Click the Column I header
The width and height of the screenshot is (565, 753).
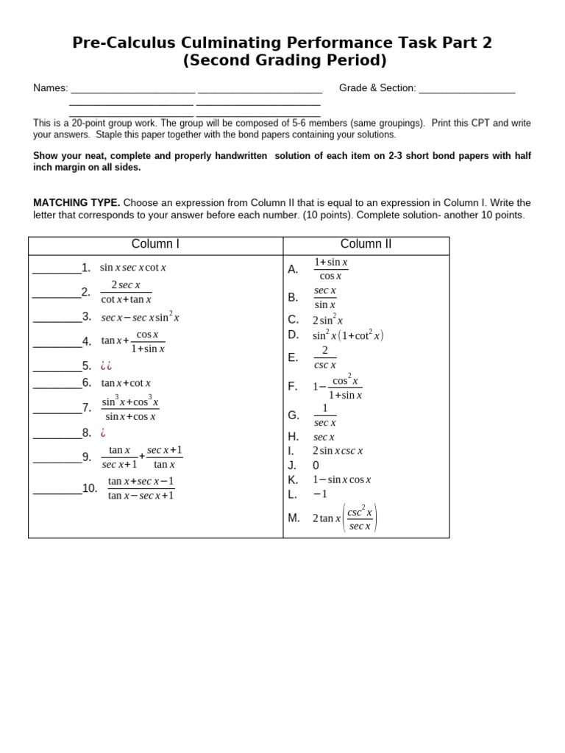coord(155,244)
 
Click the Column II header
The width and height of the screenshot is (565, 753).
coord(366,244)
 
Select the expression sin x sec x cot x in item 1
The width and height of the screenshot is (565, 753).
coord(133,268)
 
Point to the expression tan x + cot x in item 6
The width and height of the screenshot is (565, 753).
coord(126,383)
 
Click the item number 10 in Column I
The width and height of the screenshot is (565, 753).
coord(90,488)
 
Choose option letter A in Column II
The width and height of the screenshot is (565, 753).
coord(293,269)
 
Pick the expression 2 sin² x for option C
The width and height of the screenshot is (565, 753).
coord(327,320)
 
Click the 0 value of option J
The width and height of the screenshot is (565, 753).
coord(316,465)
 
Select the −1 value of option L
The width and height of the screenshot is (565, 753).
coord(320,494)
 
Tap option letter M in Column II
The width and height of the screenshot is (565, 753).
coord(294,518)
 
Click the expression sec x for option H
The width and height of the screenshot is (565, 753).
coord(324,437)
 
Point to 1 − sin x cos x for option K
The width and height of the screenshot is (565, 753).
coord(341,479)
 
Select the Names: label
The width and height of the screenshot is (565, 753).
coord(50,88)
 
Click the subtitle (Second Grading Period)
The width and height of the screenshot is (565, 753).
coord(284,61)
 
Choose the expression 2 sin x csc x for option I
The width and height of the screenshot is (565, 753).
coord(338,451)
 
